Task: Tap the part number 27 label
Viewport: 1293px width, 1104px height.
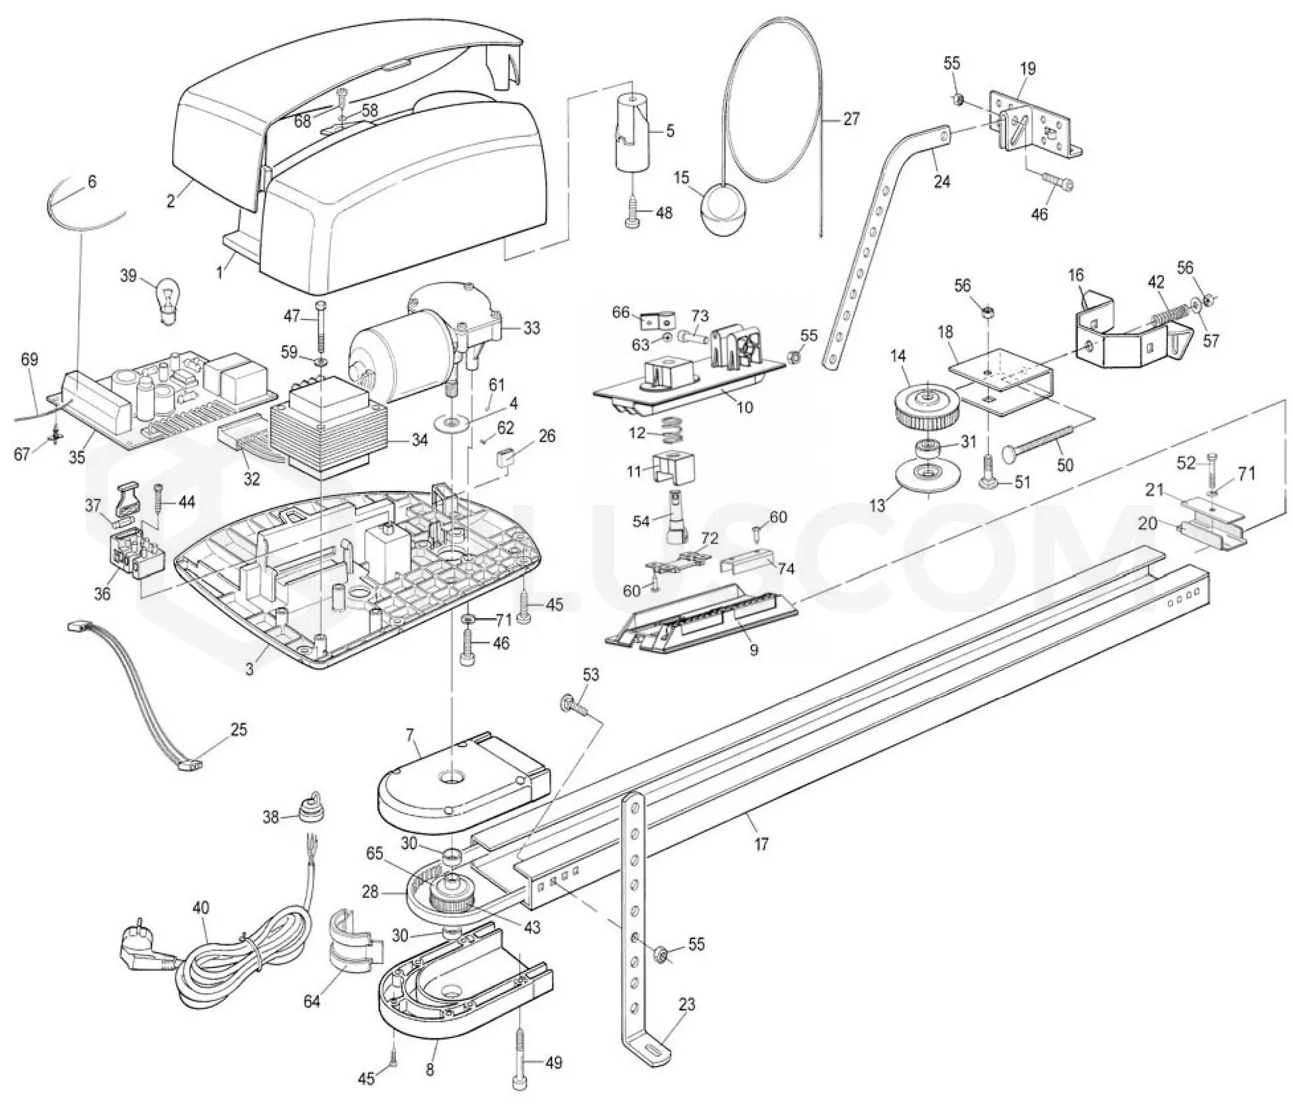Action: [851, 119]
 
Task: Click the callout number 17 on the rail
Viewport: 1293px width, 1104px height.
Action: [761, 844]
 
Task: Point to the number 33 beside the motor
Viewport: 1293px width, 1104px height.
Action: [532, 328]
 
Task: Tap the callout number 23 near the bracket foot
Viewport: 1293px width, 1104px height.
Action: [688, 1004]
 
